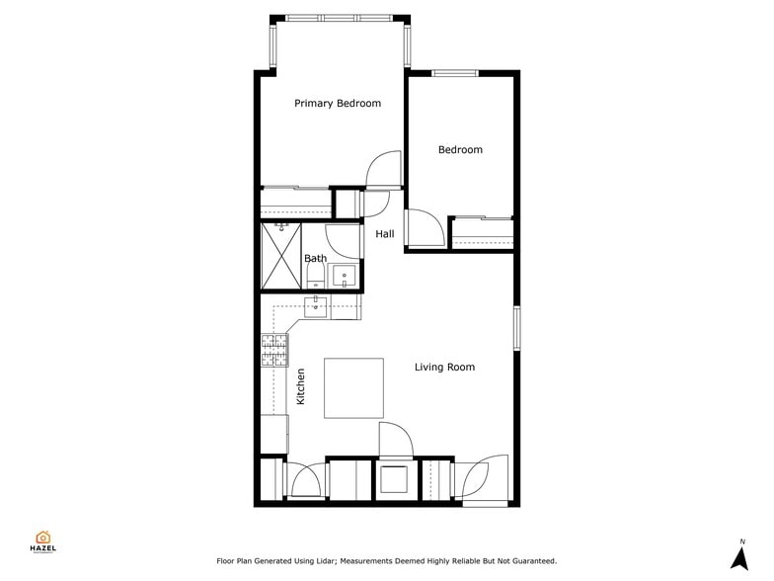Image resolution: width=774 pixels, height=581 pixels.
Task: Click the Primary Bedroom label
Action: point(338,103)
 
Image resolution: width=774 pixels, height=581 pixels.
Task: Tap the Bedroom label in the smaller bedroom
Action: point(460,150)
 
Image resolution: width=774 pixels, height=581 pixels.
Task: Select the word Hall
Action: point(384,234)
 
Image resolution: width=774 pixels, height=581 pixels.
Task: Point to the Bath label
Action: point(315,259)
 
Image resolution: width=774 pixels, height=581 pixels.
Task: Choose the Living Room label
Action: point(444,368)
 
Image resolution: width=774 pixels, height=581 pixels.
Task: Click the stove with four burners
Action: point(275,350)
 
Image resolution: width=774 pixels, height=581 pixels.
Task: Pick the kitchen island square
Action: point(353,387)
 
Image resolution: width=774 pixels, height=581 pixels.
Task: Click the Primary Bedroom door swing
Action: point(383,170)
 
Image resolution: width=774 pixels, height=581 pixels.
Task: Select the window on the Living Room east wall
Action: point(515,327)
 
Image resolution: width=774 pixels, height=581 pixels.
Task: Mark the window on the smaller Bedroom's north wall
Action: point(455,73)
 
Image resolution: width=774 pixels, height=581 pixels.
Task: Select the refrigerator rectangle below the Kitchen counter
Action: point(274,434)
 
